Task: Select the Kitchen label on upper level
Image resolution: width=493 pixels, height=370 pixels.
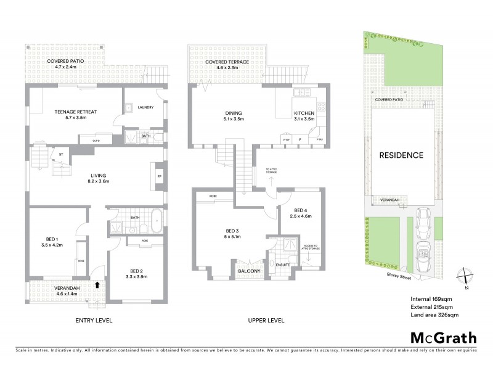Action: click(x=304, y=113)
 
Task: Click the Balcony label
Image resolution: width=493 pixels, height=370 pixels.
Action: click(x=250, y=271)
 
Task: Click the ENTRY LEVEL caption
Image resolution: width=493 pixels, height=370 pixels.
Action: click(x=94, y=321)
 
